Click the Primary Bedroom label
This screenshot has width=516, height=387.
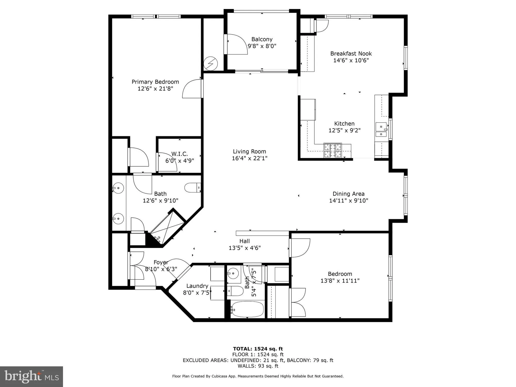[155, 82]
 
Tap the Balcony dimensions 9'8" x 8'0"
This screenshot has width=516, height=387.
[262, 46]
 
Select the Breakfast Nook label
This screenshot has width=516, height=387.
[351, 54]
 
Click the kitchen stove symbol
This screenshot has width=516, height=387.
[333, 150]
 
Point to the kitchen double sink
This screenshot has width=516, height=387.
[381, 130]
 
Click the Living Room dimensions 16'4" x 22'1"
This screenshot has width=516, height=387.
[249, 158]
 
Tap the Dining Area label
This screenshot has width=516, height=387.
[348, 194]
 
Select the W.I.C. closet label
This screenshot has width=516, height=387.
[179, 154]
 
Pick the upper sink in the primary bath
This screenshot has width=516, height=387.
[118, 188]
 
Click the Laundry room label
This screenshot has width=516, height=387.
[197, 286]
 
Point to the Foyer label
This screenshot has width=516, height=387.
[161, 262]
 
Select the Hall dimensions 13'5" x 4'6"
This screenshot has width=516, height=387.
[245, 248]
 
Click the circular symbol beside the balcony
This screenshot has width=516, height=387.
[211, 63]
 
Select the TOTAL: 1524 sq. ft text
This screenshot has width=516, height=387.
[258, 349]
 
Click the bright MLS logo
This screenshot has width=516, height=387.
[31, 376]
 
